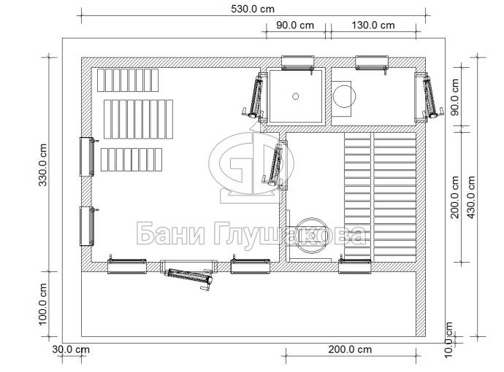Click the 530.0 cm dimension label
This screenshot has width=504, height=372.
click(253, 9)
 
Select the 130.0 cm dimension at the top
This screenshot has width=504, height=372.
click(373, 25)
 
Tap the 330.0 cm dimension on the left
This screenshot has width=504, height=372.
click(43, 165)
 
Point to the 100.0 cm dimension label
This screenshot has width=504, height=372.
click(43, 304)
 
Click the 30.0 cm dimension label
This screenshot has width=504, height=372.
click(71, 349)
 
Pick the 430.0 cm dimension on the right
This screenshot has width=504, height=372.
click(471, 198)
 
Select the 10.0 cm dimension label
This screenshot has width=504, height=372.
click(449, 340)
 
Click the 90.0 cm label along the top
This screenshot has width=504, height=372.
click(295, 25)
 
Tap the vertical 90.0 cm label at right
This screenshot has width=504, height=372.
click(454, 97)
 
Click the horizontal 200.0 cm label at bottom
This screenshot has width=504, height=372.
click(350, 349)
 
